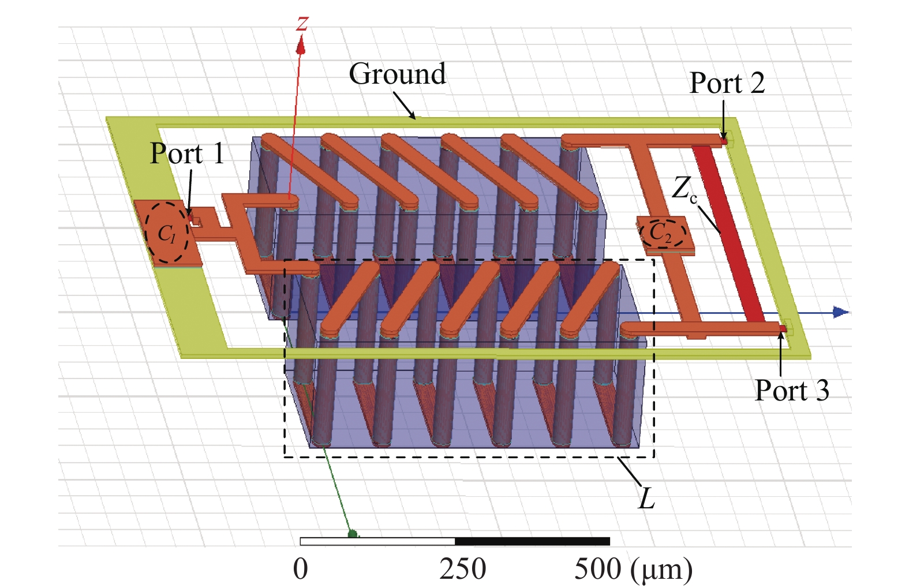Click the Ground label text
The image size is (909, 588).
coord(397,74)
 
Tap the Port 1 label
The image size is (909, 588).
coord(187,153)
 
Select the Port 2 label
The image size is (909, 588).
coord(727,83)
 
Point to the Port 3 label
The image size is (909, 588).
coord(792,390)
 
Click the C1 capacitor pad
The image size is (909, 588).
coord(167,233)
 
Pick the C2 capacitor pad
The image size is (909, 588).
coord(665,234)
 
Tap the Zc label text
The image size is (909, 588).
coord(684,189)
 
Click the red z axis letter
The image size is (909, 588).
coord(302,24)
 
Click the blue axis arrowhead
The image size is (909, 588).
coord(840,312)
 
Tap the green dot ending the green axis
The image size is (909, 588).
coord(353,534)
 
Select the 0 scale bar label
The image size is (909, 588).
coord(300,569)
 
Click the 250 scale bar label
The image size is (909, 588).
coord(463,569)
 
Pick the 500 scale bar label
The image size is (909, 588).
coord(598,569)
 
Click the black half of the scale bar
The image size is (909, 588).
coord(532,541)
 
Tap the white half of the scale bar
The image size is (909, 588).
coord(377,541)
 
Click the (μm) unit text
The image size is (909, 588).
coord(661,570)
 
